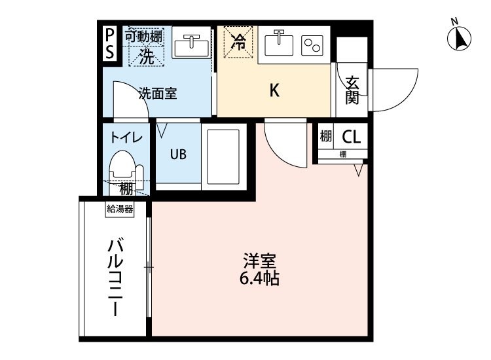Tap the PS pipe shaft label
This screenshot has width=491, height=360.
tap(109, 43)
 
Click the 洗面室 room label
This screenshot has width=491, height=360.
tap(157, 94)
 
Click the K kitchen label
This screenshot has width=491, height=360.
tap(275, 91)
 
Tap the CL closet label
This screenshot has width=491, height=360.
tap(351, 137)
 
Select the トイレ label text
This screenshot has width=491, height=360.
tap(126, 137)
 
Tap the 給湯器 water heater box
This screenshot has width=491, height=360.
tap(120, 209)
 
